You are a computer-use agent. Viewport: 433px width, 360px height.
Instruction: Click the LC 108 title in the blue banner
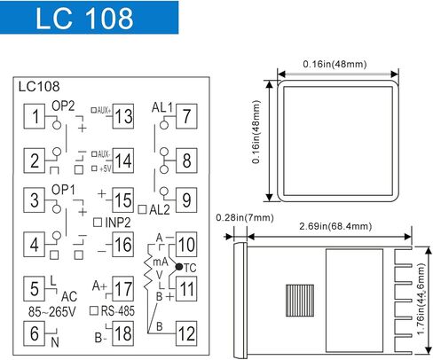[x=87, y=19]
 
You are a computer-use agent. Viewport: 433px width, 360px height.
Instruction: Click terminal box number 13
[x=123, y=115]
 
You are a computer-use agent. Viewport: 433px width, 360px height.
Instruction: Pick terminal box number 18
[x=123, y=333]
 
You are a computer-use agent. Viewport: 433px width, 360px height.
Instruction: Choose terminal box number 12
[x=185, y=333]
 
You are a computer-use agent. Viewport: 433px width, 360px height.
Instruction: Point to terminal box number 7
[x=185, y=115]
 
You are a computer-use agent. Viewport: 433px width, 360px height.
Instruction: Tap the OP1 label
[x=63, y=188]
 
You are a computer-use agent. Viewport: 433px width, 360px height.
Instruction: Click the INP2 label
[x=117, y=222]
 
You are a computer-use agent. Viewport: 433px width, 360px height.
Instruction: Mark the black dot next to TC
[x=178, y=265]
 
